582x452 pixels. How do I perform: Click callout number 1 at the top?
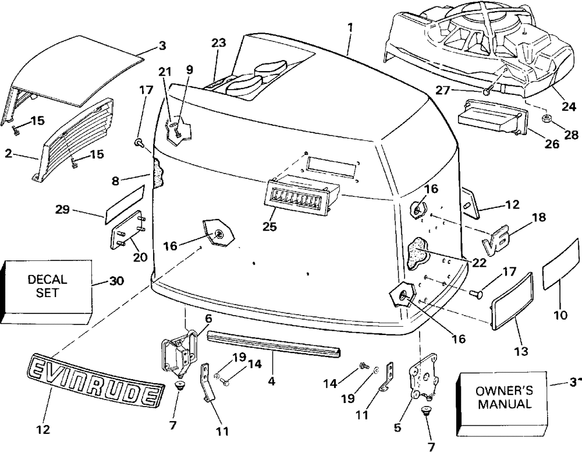(x=350, y=27)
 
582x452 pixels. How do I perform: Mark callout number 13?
(x=521, y=351)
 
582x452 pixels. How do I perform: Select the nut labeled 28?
(x=546, y=120)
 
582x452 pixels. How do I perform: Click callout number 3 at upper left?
(x=162, y=45)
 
